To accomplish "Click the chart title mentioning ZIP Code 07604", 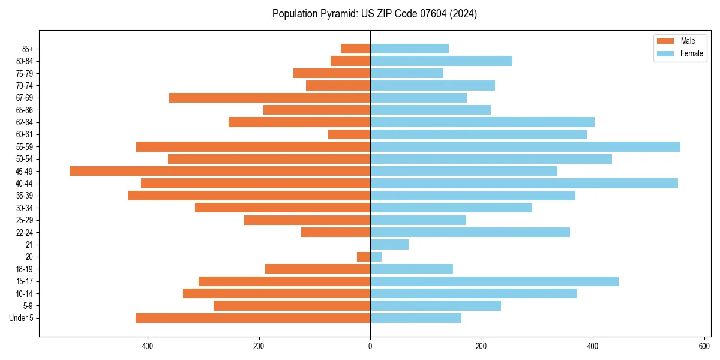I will click(x=374, y=14).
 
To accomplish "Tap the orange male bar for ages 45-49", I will click(x=220, y=171).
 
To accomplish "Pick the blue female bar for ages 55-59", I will click(x=525, y=146).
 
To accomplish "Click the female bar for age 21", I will click(x=389, y=244).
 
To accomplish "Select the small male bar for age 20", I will click(x=364, y=257).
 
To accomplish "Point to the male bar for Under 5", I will click(x=253, y=318).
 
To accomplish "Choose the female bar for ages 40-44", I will click(x=524, y=183).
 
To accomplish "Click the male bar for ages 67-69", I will click(x=269, y=98).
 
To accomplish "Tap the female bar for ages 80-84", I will click(x=441, y=61).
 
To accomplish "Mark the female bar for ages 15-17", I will click(x=494, y=281).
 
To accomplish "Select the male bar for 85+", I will click(x=355, y=49).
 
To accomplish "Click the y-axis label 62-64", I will click(x=25, y=122).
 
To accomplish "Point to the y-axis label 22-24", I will click(x=25, y=232).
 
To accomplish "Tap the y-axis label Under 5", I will click(x=21, y=318).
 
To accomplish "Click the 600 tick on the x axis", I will click(x=704, y=346).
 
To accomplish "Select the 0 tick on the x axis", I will click(x=370, y=346).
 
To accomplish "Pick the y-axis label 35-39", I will click(x=25, y=196).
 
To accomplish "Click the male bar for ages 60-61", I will click(x=349, y=134).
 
